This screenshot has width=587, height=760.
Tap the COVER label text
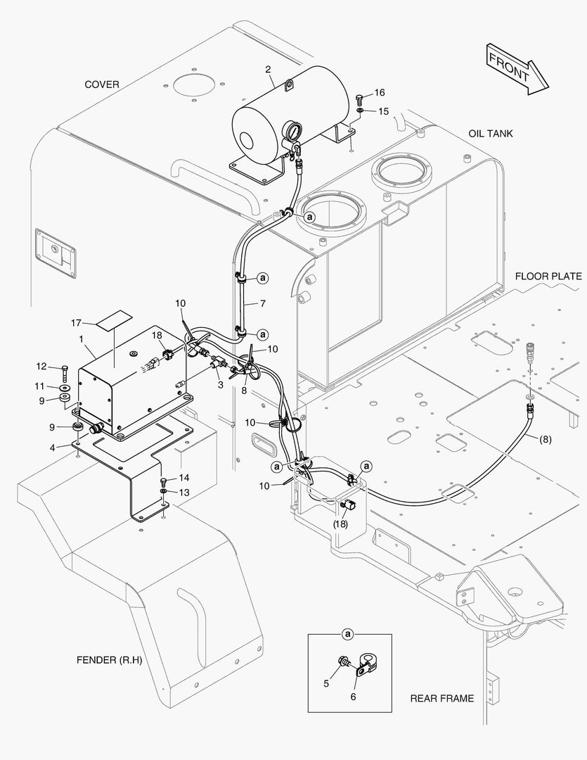click(x=102, y=84)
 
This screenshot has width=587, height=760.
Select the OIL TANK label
click(x=490, y=133)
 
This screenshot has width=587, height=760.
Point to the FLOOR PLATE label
click(x=548, y=277)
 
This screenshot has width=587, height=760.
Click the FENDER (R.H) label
click(x=110, y=660)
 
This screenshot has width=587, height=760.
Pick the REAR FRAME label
click(x=441, y=699)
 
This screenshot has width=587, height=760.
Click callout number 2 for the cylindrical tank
click(x=268, y=69)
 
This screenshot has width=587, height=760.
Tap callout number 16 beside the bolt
click(x=379, y=92)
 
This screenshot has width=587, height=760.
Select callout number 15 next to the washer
click(x=383, y=111)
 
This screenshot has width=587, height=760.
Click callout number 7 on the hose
click(x=262, y=304)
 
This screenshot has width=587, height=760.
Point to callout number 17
click(x=75, y=322)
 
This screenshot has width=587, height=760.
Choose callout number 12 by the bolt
click(x=41, y=367)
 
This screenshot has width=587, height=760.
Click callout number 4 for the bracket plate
click(x=52, y=448)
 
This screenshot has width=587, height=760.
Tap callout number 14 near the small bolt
click(x=184, y=478)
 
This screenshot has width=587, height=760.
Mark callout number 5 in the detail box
click(x=326, y=683)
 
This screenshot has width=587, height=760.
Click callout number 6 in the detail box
click(x=353, y=697)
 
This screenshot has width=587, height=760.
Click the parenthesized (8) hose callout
click(x=545, y=440)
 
